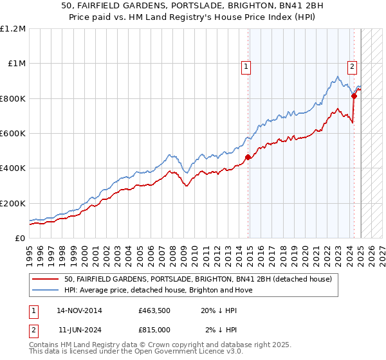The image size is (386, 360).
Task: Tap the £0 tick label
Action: (19, 238)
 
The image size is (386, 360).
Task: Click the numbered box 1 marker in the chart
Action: (246, 66)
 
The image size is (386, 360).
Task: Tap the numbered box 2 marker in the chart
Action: (353, 66)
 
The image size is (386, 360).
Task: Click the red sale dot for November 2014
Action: (248, 157)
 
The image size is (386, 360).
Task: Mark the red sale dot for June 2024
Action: (354, 96)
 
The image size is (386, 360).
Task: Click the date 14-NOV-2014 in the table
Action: (79, 311)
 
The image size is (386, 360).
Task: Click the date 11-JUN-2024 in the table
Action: (79, 330)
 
